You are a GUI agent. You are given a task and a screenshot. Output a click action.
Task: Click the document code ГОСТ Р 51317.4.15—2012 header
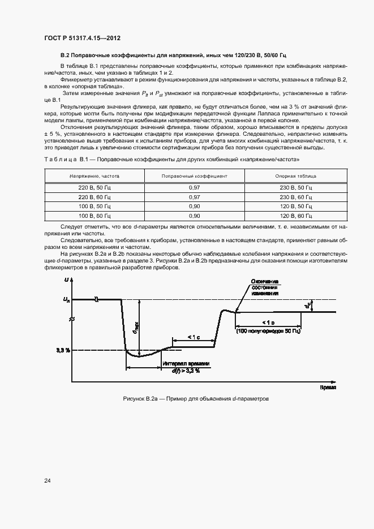(82, 38)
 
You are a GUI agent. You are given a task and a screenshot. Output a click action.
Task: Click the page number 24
(48, 480)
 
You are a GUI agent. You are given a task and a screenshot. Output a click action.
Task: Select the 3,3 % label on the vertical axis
(63, 350)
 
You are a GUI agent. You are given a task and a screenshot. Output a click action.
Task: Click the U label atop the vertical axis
(67, 281)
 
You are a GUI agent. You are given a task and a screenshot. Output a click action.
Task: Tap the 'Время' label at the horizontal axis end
(328, 388)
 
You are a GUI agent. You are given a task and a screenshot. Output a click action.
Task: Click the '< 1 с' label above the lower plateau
(194, 337)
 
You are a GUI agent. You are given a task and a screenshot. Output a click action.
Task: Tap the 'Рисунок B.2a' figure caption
(196, 399)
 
